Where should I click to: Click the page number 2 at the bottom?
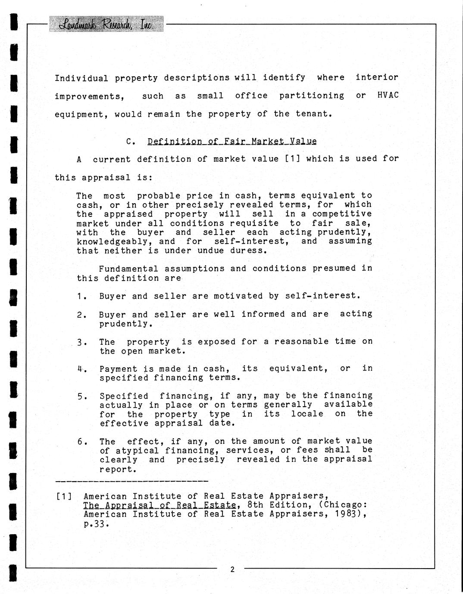click(232, 569)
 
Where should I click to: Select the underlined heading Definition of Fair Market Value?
click(232, 141)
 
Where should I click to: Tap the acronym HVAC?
click(388, 96)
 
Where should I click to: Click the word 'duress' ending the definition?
click(249, 251)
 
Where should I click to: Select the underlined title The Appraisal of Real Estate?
click(160, 505)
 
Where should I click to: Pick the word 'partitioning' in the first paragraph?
click(311, 96)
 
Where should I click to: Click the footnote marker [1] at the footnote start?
click(64, 496)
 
